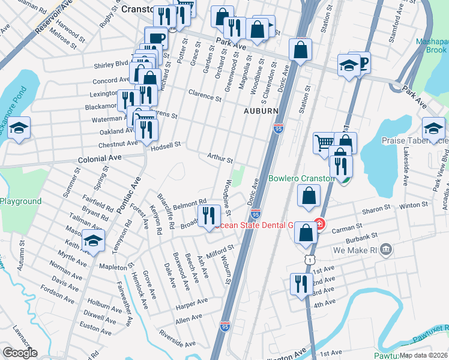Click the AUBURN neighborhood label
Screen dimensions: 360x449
click(261, 112)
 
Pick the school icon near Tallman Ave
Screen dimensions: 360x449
click(93, 241)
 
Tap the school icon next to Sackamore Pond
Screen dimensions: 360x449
click(20, 128)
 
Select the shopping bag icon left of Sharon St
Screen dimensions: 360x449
click(308, 195)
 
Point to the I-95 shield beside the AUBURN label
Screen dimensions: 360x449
click(278, 128)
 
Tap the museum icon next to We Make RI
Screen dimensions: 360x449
click(385, 249)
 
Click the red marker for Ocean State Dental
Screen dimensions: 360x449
click(320, 226)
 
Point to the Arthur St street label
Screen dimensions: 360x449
click(220, 158)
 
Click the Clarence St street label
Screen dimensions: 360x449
click(201, 94)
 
